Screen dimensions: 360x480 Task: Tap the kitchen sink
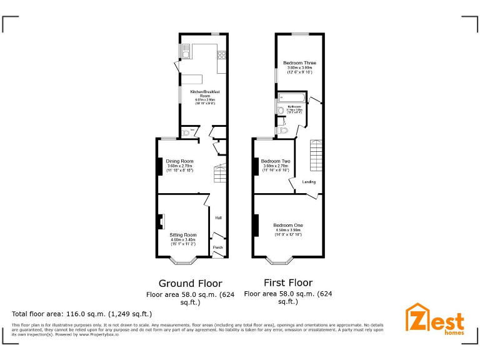coord(186,50)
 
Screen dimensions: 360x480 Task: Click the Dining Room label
coord(179,161)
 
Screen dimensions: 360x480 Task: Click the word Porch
coord(218,247)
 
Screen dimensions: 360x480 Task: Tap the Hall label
coord(218,217)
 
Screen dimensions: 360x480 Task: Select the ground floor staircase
coord(219,173)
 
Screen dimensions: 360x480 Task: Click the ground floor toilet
coord(187,132)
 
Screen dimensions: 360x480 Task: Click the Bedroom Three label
coord(299,63)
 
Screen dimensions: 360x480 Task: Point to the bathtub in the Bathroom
coord(291,97)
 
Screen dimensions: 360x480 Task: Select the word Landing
coord(309,182)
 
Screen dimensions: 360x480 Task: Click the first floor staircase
coord(316,156)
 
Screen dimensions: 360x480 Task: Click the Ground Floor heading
coord(190,283)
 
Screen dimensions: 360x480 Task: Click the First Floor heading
coord(288,282)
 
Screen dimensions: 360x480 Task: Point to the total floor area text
coord(82,314)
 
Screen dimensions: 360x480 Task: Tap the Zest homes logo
coord(435,319)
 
